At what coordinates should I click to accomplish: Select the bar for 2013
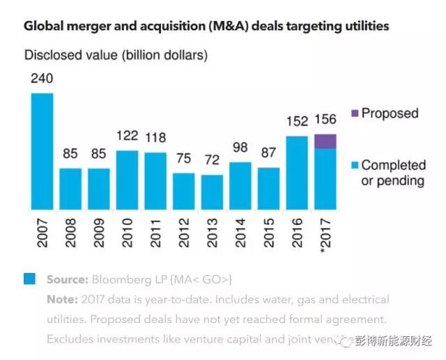[x=212, y=191]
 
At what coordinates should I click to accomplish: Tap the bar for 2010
[x=127, y=179]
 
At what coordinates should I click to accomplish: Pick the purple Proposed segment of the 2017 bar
[x=325, y=141]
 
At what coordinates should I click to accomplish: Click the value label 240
[x=42, y=79]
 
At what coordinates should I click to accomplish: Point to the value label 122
[x=127, y=137]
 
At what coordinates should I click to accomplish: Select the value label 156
[x=325, y=120]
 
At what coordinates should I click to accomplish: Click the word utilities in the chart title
[x=363, y=26]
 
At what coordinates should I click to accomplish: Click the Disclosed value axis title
[x=116, y=54]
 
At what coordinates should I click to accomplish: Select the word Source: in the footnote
[x=68, y=279]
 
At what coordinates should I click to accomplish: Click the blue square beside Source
[x=29, y=279]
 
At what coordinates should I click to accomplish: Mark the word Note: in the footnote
[x=62, y=299]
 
